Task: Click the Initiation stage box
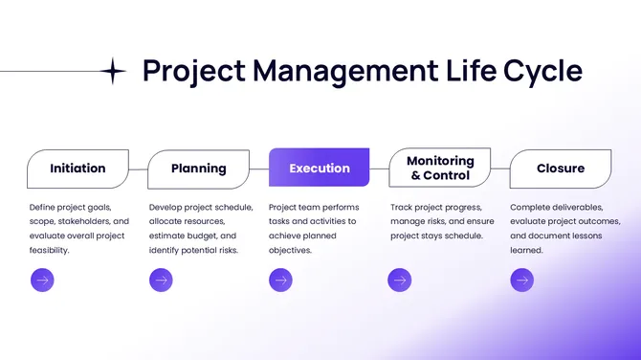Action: pos(77,169)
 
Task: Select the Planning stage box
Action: pos(198,169)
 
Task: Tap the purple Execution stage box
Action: pos(319,169)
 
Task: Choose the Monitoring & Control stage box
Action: pos(439,169)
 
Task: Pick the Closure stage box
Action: pos(560,169)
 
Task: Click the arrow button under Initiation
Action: pos(42,280)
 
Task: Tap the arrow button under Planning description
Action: pos(162,280)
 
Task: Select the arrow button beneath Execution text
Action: pos(280,280)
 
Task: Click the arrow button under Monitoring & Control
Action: pos(400,280)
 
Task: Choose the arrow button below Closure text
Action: pos(521,280)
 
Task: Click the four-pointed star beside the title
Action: pos(113,71)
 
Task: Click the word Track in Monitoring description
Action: pos(403,207)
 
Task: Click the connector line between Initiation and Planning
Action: pos(139,169)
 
